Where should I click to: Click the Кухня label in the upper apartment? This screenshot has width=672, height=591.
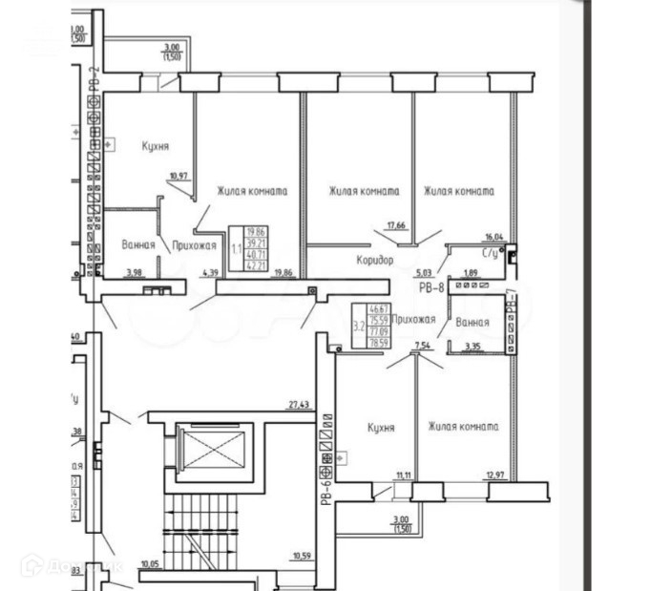click(156, 146)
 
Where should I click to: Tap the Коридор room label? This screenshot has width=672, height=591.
click(375, 259)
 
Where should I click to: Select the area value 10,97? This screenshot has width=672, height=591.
click(177, 176)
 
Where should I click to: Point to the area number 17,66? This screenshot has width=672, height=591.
click(396, 225)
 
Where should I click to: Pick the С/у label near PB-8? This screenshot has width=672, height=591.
click(491, 254)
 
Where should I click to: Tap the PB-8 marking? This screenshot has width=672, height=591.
click(431, 285)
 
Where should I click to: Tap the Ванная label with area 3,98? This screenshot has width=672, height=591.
click(138, 245)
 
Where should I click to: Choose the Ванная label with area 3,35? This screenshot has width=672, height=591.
click(472, 323)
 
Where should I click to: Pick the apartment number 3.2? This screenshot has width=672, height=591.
click(358, 325)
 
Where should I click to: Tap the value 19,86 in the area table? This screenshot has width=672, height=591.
click(255, 232)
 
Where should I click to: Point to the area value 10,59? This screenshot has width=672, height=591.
click(303, 555)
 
